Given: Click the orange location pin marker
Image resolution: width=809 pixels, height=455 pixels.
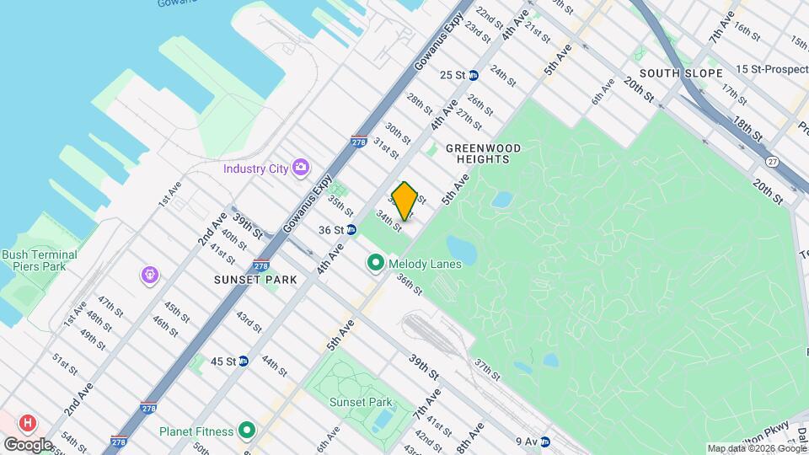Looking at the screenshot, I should (x=404, y=201).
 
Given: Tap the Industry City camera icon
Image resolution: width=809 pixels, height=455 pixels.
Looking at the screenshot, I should (x=300, y=168).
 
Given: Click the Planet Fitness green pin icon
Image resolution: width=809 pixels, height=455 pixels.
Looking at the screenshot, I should (x=247, y=431).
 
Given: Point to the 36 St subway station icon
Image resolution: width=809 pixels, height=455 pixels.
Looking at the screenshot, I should (x=351, y=229).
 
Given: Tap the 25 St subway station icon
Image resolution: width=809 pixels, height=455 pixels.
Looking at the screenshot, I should (x=474, y=75).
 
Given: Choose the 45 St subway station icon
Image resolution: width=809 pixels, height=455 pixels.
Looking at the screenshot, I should (x=243, y=361).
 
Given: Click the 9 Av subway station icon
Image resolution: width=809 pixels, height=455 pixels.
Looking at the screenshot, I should (x=544, y=441).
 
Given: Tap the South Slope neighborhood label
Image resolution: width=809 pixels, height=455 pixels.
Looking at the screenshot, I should (x=681, y=73).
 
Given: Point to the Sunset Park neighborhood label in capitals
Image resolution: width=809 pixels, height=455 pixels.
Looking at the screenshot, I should (x=255, y=280).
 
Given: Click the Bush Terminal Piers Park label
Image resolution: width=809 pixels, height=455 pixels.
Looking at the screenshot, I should (x=40, y=260).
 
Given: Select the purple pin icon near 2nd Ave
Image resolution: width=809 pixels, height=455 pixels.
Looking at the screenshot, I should (x=150, y=274).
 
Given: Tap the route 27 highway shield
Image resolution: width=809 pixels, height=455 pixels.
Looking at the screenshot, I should (x=772, y=161).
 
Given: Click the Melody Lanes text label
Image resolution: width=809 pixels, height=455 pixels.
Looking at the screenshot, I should (x=425, y=265).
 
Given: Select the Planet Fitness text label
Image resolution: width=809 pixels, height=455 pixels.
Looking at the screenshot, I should (x=196, y=432).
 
